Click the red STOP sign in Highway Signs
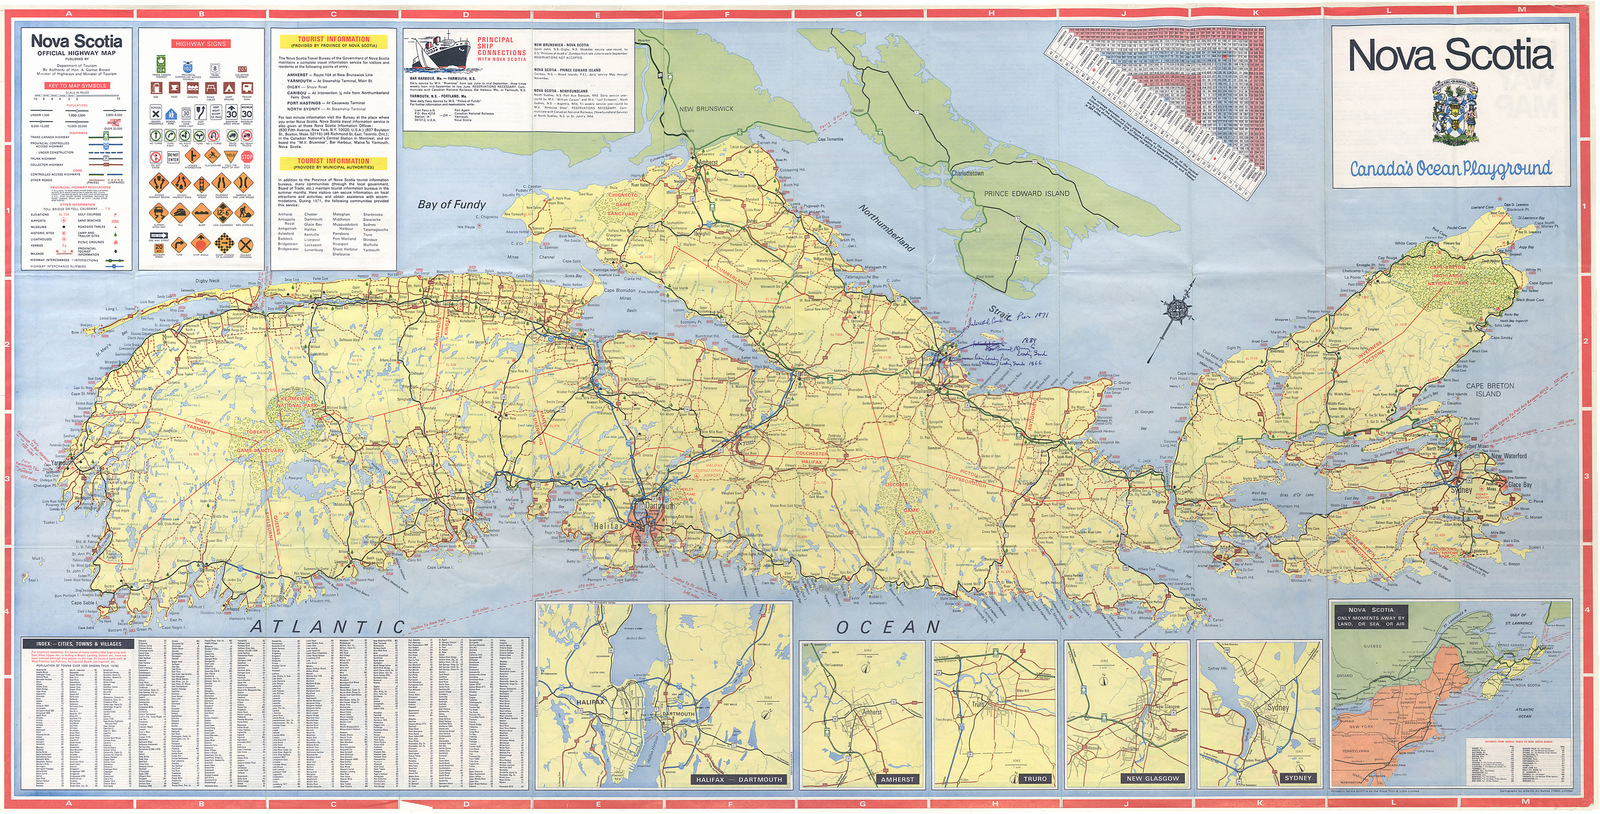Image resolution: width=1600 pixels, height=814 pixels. click(x=247, y=157)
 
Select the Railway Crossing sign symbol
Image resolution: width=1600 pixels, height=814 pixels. click(x=246, y=246)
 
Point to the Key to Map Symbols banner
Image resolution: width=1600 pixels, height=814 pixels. click(x=78, y=86)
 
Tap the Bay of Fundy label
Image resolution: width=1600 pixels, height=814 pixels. click(x=452, y=204)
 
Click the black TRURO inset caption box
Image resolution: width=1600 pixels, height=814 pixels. click(x=1035, y=779)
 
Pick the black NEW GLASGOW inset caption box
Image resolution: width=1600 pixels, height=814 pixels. click(x=1153, y=779)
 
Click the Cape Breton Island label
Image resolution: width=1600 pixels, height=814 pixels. click(x=1489, y=390)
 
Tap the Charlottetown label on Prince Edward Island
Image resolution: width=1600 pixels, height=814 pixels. click(x=968, y=173)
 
